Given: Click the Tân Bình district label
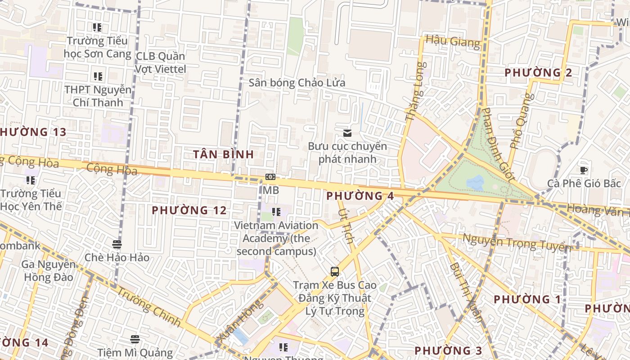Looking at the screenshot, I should click(x=224, y=154).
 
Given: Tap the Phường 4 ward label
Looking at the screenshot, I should click(x=360, y=196).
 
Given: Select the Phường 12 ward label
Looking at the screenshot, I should click(x=189, y=210).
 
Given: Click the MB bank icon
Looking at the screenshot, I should click(x=270, y=177).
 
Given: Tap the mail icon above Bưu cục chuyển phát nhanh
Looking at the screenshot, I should click(x=347, y=133).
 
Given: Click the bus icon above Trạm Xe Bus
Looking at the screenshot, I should click(x=335, y=271).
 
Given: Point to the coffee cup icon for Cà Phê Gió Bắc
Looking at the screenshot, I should click(x=584, y=170).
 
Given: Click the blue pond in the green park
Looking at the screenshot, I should click(x=475, y=182).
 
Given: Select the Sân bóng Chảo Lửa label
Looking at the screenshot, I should click(x=297, y=83).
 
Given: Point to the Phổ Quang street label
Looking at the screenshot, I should click(x=521, y=121).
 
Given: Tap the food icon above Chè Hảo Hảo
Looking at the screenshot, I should click(x=117, y=244).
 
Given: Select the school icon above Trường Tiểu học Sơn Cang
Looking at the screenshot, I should click(x=97, y=27).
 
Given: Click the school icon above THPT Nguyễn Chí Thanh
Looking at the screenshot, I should click(x=98, y=76).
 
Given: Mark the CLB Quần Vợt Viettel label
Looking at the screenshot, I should click(x=161, y=63).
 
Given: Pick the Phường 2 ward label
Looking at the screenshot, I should click(x=538, y=73).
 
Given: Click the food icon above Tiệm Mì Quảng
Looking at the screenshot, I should click(x=135, y=339).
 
